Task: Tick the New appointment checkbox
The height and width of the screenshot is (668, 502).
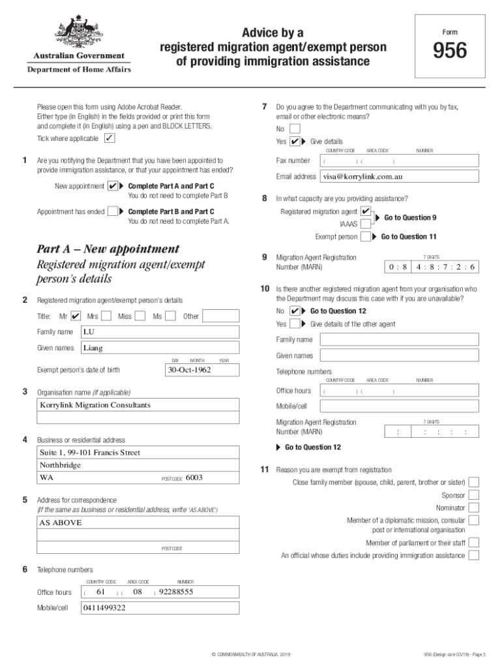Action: point(113,187)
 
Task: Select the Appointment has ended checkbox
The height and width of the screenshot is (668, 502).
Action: point(113,211)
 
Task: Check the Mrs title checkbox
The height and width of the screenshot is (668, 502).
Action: point(106,316)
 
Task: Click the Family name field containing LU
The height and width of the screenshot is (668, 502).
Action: point(160,332)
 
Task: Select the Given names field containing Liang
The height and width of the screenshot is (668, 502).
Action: point(160,348)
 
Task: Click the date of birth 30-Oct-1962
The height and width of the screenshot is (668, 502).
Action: point(189,370)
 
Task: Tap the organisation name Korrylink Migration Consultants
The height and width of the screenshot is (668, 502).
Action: point(95,405)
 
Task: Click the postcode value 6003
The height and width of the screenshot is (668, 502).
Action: point(194,478)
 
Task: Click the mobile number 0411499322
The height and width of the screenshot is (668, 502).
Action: point(104,608)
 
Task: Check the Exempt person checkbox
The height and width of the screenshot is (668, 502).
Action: point(366,236)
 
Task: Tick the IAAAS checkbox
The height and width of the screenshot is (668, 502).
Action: point(366,224)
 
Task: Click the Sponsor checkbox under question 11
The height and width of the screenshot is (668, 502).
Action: point(474,495)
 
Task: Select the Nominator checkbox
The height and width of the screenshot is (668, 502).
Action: point(474,508)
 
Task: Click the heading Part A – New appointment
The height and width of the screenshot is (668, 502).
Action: point(108,249)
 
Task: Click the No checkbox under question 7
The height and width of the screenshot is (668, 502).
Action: point(295,129)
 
